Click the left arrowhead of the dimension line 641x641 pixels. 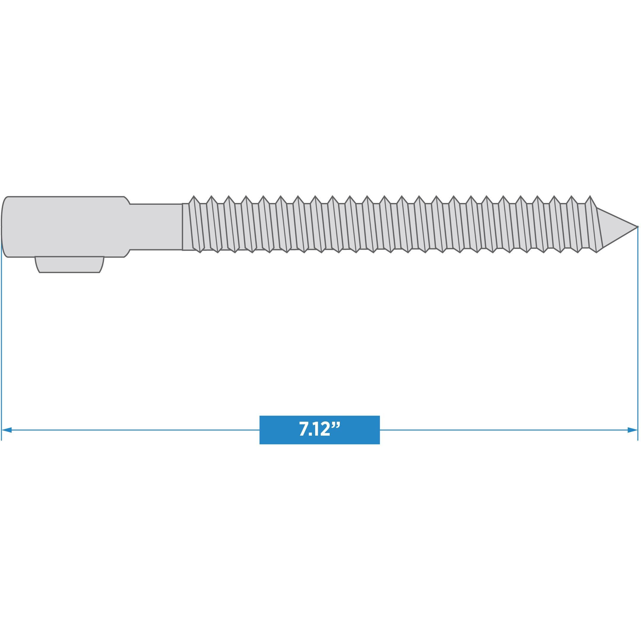(x=7, y=430)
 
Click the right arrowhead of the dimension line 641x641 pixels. (x=632, y=430)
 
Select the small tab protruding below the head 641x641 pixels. (x=69, y=264)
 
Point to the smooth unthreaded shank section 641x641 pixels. (x=156, y=227)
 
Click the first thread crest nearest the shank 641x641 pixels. (x=194, y=198)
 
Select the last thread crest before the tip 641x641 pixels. (x=590, y=198)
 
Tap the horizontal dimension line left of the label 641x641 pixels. (x=133, y=430)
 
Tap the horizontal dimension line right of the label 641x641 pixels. (x=498, y=430)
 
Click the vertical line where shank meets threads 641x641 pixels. (x=183, y=227)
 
